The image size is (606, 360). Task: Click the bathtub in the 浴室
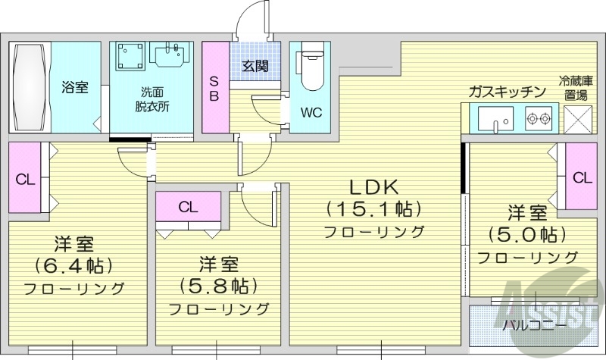tap(30, 88)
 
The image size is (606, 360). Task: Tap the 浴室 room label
tap(75, 87)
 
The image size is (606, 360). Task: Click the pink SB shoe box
tap(214, 88)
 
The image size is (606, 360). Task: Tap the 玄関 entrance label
tap(255, 66)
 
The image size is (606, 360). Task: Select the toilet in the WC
tap(311, 72)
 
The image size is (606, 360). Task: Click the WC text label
tap(311, 113)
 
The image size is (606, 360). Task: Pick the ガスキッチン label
tap(507, 92)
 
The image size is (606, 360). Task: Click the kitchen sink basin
tap(493, 120)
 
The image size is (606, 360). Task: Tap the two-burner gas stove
tap(539, 119)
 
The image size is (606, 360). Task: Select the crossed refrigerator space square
tap(581, 120)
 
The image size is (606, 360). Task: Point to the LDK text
tap(373, 186)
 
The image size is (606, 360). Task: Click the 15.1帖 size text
tap(373, 208)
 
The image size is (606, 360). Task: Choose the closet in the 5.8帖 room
tap(189, 206)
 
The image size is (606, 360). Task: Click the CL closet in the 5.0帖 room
tap(581, 178)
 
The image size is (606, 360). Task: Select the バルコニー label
tap(535, 325)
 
